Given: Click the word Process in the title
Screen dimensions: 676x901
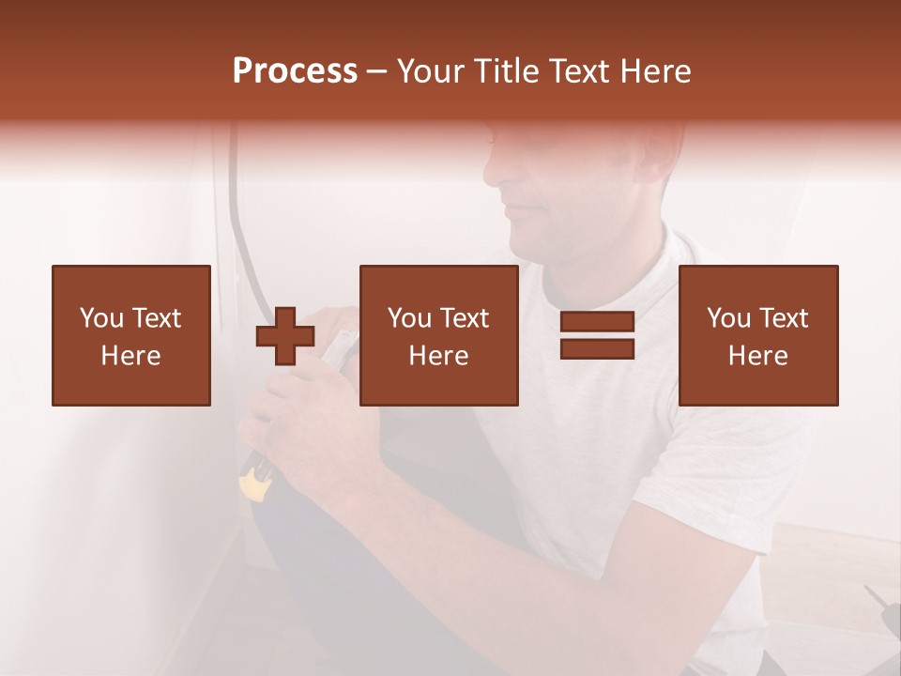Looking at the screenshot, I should pyautogui.click(x=295, y=71).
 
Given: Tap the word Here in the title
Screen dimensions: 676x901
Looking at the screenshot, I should pyautogui.click(x=654, y=71).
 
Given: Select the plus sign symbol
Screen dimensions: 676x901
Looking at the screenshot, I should pyautogui.click(x=285, y=336).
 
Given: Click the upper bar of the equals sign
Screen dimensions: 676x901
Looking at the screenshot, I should pyautogui.click(x=597, y=322).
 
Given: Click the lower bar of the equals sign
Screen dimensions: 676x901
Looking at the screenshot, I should pyautogui.click(x=597, y=349).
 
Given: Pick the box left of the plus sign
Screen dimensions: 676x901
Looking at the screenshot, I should pyautogui.click(x=131, y=335).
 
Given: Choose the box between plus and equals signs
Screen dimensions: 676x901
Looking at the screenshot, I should pyautogui.click(x=439, y=335).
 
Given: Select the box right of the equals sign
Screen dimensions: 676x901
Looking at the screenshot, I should pyautogui.click(x=758, y=335).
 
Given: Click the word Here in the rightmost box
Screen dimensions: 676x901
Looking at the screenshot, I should pyautogui.click(x=758, y=356).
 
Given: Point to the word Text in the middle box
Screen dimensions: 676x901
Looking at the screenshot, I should pyautogui.click(x=466, y=318).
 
